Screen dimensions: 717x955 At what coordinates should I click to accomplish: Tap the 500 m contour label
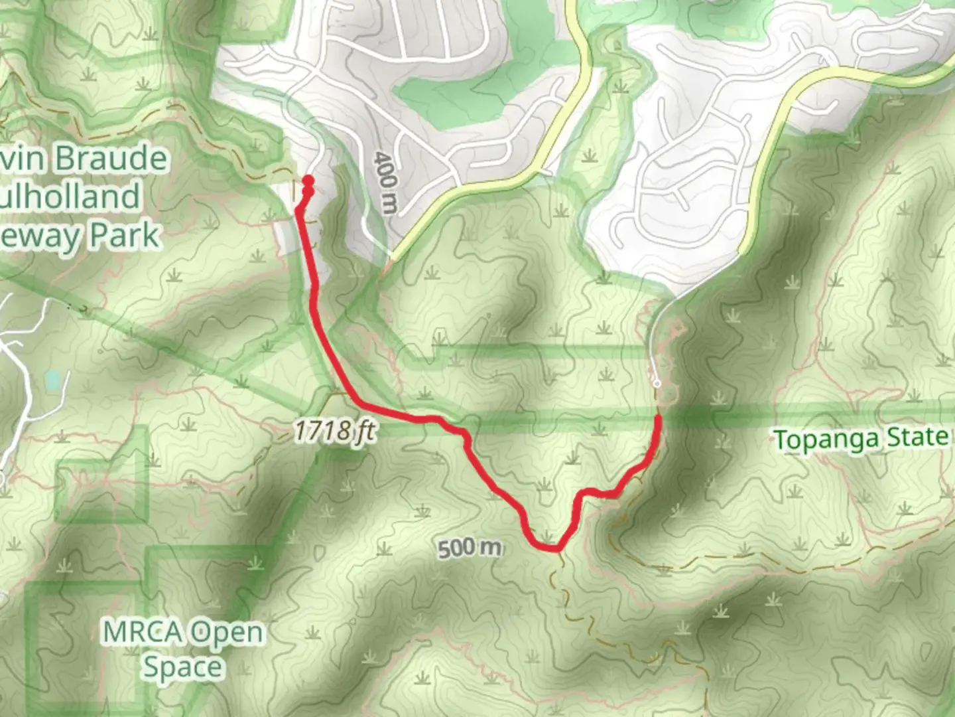pos(470,548)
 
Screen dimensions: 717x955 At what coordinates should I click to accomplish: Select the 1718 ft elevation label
pos(334,432)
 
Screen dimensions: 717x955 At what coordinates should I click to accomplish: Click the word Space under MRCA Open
pos(182,667)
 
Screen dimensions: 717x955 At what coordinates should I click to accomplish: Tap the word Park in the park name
pos(125,235)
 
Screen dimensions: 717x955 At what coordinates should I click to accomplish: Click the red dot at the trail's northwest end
pos(308,180)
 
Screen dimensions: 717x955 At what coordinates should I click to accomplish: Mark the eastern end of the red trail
pos(659,417)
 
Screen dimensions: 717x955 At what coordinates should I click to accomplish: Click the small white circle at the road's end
pos(657,383)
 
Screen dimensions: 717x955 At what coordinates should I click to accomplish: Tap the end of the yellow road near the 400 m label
pos(393,256)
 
